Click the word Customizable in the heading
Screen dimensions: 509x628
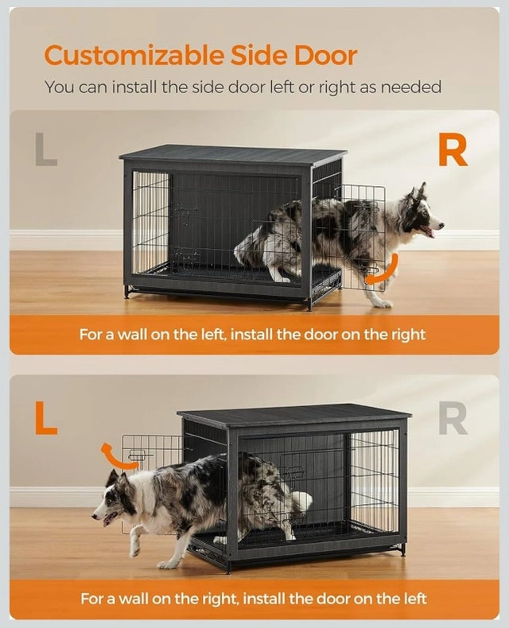134,56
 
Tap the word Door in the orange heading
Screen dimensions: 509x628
325,55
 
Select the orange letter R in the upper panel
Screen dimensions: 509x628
453,152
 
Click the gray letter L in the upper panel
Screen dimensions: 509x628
46,149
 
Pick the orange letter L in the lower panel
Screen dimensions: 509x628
45,417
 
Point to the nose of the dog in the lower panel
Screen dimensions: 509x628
95,516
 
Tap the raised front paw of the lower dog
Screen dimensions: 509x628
135,548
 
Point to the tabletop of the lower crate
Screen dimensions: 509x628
294,417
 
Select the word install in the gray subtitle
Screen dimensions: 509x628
134,87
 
